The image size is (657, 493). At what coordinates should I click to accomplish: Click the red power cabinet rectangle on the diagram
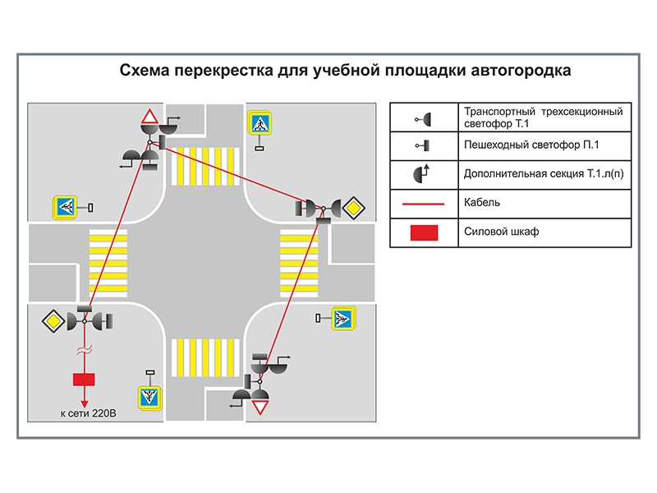pos(84,379)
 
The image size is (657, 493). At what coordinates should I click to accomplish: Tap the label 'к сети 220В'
pos(88,413)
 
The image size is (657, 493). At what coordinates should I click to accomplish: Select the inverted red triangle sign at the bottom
pos(261,407)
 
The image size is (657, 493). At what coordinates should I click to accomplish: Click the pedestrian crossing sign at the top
pos(260,124)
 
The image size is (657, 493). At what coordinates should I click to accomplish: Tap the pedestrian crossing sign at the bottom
pos(149,398)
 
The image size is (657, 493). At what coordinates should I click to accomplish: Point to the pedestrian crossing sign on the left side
pos(64,207)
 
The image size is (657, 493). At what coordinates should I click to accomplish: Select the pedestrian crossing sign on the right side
pos(342,317)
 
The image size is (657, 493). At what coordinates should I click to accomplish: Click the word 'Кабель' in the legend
pos(482,202)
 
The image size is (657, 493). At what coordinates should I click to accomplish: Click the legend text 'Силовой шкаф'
pos(501,232)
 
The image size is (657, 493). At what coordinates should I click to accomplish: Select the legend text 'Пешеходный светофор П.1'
pos(534,145)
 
